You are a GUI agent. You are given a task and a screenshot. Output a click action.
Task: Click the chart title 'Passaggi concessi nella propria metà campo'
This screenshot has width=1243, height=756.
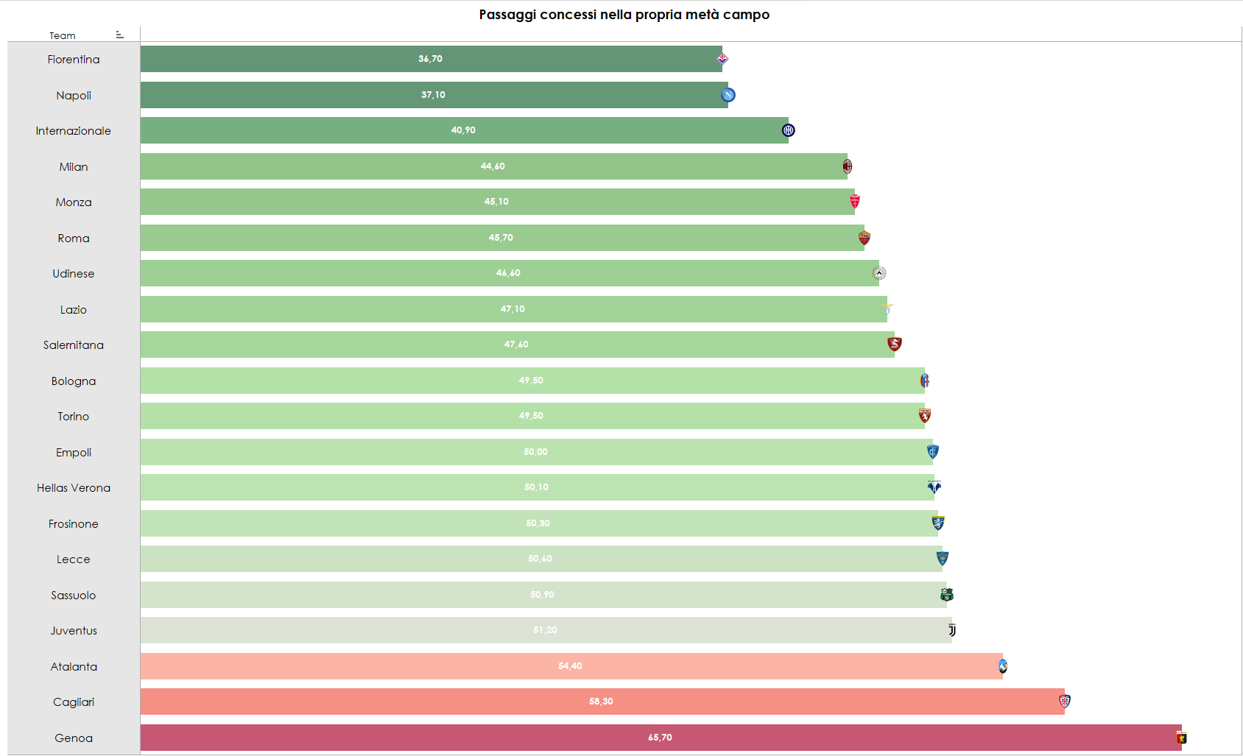click(x=624, y=15)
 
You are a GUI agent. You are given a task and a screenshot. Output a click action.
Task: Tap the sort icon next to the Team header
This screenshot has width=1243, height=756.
click(x=119, y=35)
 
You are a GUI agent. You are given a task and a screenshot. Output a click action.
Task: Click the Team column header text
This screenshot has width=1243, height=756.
click(x=63, y=35)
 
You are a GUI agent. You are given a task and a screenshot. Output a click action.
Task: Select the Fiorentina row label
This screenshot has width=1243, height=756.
click(x=74, y=60)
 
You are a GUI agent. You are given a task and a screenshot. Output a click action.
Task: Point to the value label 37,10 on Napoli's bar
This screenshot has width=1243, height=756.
click(x=433, y=95)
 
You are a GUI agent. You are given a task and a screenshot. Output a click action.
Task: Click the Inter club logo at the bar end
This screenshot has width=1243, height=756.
click(x=788, y=130)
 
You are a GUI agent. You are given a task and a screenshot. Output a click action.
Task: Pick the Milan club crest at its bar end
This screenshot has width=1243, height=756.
click(x=848, y=166)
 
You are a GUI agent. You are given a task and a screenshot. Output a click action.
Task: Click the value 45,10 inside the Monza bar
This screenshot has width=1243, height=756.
click(x=496, y=202)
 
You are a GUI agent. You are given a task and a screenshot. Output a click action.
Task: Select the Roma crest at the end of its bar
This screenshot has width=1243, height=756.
click(x=865, y=238)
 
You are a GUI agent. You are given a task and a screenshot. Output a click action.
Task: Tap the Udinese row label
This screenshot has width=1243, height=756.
click(x=74, y=274)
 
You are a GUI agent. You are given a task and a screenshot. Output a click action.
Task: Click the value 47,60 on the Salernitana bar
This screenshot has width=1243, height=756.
click(x=516, y=345)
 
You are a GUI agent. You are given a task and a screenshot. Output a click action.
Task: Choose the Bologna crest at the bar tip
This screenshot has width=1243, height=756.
click(x=925, y=381)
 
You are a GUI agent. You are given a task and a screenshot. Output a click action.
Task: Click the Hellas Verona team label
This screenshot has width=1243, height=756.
click(x=74, y=488)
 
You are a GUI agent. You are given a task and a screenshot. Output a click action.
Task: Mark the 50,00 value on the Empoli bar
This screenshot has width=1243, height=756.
click(x=535, y=452)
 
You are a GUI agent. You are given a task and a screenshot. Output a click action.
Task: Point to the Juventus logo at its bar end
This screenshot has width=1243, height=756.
click(x=952, y=630)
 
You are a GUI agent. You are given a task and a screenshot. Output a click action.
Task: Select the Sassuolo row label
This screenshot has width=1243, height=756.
click(x=74, y=596)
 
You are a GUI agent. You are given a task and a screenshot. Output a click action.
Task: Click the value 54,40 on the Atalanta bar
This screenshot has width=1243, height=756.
click(x=570, y=666)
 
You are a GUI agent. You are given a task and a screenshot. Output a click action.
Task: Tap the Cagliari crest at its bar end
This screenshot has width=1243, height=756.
click(x=1065, y=702)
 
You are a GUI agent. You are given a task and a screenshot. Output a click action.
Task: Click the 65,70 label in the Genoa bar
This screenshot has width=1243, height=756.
click(x=660, y=738)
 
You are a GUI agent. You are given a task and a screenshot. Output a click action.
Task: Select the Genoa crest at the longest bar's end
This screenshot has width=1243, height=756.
click(x=1182, y=738)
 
